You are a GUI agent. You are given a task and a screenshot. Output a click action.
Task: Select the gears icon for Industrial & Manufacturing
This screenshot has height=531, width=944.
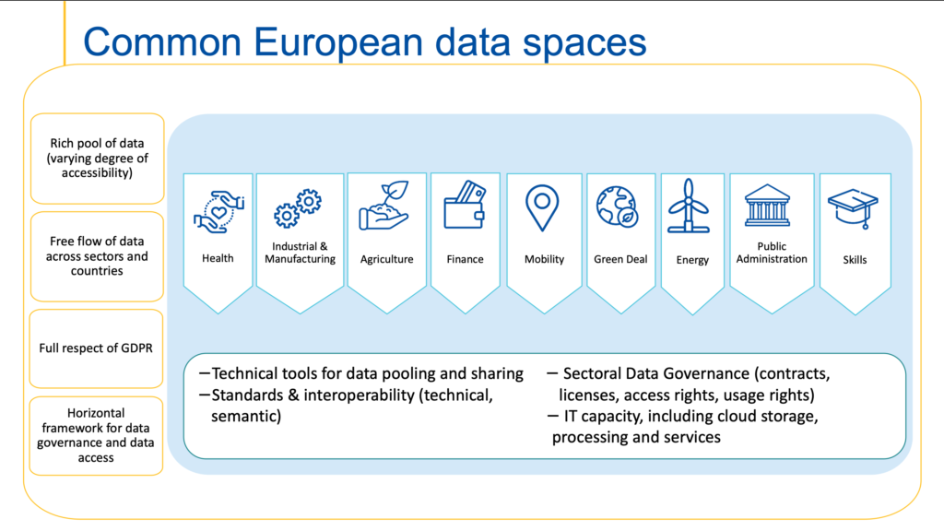coord(299,208)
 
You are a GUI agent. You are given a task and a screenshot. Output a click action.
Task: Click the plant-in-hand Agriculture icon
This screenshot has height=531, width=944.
coord(385,206)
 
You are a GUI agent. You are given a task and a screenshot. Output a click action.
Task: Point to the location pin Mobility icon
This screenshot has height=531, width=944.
coord(543,207)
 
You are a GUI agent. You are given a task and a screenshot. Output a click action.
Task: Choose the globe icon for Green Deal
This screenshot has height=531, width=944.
coord(615,206)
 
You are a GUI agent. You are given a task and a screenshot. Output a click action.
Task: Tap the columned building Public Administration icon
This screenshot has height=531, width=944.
coord(771,205)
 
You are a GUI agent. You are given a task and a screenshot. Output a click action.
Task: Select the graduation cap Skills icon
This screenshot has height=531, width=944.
coord(853,207)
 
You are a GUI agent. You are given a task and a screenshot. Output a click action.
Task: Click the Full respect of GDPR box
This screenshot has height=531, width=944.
coord(96,348)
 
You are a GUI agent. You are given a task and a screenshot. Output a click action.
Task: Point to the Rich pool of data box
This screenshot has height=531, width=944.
coord(96,158)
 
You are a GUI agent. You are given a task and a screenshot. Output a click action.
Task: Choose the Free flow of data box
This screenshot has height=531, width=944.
coord(96,256)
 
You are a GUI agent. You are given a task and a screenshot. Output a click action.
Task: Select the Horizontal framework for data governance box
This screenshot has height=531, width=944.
coord(96,435)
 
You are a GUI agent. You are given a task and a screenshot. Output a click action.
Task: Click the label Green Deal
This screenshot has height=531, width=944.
coord(620,259)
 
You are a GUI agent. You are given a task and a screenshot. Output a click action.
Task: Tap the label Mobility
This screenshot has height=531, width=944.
coord(544,259)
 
